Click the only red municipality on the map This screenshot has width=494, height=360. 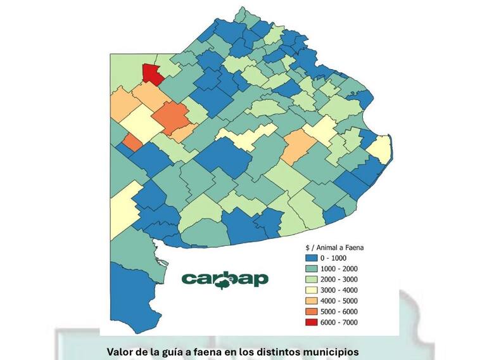151,74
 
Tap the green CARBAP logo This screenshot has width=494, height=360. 224,279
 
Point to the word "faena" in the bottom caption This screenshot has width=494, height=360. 220,350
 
